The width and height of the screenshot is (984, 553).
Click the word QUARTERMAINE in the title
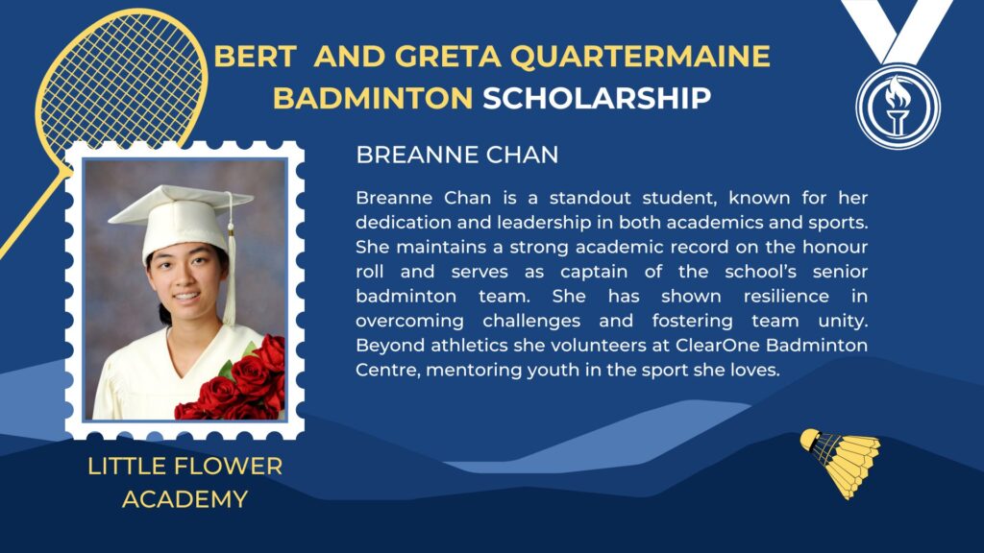coord(640,57)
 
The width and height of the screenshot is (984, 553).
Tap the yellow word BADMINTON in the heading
coord(373,99)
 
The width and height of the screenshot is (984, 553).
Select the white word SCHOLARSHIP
coord(597,99)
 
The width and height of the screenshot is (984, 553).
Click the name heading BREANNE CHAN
coord(456,155)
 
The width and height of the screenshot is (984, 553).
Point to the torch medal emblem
coord(898,107)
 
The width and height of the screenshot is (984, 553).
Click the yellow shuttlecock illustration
coord(841,462)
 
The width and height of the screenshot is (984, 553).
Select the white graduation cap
coord(182,221)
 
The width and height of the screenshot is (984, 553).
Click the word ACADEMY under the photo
coord(185,499)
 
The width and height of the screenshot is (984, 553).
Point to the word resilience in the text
coord(786,296)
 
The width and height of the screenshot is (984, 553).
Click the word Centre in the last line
coord(387,370)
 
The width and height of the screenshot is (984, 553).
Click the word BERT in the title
coord(255,57)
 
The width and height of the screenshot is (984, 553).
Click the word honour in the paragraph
coord(835,247)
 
